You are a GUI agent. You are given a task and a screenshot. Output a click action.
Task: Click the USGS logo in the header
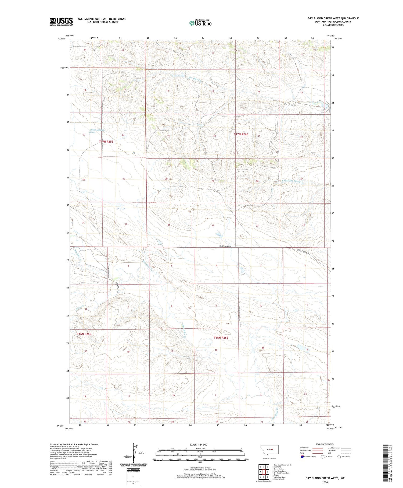click(61, 22)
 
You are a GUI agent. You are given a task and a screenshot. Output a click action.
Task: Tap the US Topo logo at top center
click(200, 23)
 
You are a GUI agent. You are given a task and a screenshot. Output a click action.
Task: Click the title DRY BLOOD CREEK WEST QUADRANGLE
click(333, 18)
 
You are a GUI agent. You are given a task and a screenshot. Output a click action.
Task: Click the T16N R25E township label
click(84, 334)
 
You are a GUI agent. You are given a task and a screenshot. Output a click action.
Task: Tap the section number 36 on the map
click(126, 224)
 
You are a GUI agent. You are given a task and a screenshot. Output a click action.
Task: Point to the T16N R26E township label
click(221, 338)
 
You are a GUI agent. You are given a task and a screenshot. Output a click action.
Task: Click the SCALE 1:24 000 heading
click(198, 444)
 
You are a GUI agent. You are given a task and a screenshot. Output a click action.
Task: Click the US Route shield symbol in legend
click(322, 457)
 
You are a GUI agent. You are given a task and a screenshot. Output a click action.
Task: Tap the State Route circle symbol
click(339, 457)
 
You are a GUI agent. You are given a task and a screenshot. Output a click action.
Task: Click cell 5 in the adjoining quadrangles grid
click(267, 472)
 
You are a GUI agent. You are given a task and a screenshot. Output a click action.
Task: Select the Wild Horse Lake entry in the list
click(279, 471)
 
